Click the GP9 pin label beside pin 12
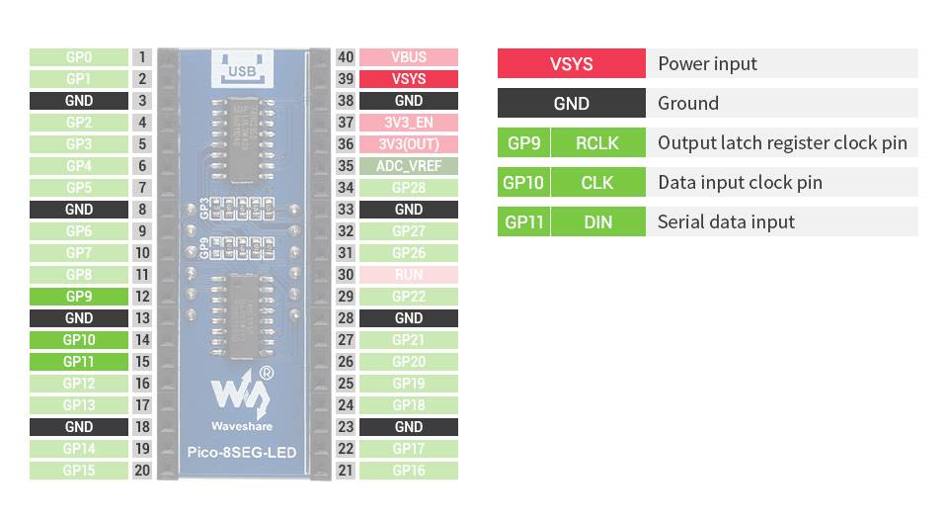pos(79,297)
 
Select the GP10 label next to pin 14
pos(79,340)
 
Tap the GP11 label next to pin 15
pos(79,362)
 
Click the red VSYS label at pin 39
pos(409,79)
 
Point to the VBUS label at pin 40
pos(409,57)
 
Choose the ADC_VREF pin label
pos(409,166)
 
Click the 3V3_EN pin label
pos(409,123)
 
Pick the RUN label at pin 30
pos(409,275)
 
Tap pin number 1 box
pos(143,57)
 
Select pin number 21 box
pos(346,471)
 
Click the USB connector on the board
pos(242,67)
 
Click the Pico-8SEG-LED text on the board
pos(242,454)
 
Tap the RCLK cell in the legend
pos(597,142)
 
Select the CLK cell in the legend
pos(597,182)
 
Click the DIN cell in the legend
pos(597,221)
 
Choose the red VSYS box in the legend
pos(571,63)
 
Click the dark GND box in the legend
pos(571,103)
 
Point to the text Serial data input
pos(726,221)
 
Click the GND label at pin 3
pos(79,101)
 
